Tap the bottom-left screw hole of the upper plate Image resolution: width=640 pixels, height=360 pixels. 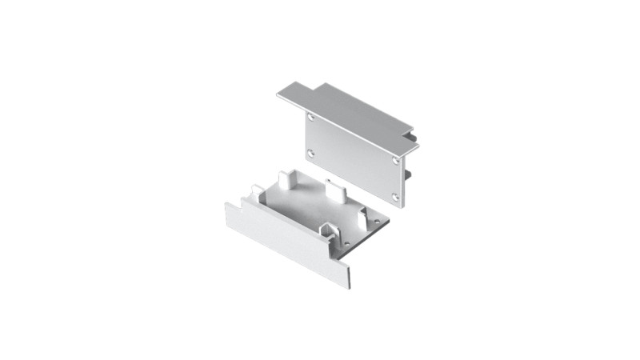pos(311,152)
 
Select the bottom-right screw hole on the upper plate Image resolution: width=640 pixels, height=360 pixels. pos(396,195)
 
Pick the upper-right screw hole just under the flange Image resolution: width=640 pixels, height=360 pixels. pos(398,159)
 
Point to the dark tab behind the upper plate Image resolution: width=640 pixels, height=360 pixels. pos(408,171)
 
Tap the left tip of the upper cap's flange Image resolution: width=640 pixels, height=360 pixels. pos(280,96)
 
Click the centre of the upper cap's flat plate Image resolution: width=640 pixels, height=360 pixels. pos(357,157)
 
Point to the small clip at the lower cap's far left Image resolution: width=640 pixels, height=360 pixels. pos(254,192)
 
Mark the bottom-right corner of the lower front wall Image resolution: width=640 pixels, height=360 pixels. pos(349,286)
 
